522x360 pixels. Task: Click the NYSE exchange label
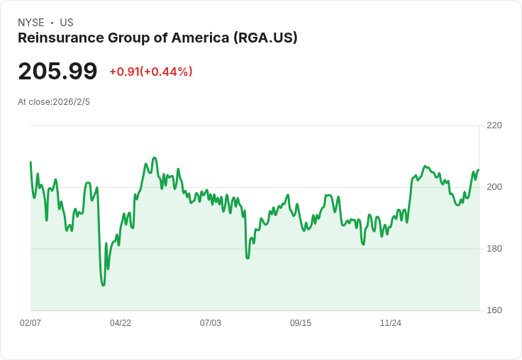click(x=30, y=23)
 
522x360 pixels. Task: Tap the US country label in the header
click(x=67, y=23)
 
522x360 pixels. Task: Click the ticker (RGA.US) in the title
click(x=265, y=38)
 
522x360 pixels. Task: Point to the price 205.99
click(x=57, y=72)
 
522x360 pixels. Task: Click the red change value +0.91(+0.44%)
click(x=151, y=72)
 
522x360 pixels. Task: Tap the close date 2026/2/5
click(x=71, y=102)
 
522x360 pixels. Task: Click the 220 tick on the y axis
click(x=494, y=125)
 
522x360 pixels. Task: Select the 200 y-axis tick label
click(x=494, y=187)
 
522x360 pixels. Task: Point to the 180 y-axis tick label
click(x=494, y=249)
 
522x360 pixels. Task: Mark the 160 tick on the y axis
click(x=494, y=310)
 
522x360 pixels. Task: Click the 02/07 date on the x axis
click(x=30, y=323)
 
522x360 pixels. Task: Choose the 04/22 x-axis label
click(x=121, y=323)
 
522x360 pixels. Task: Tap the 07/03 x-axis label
click(x=211, y=323)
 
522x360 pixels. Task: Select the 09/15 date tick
click(x=301, y=323)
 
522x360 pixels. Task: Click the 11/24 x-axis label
click(x=391, y=323)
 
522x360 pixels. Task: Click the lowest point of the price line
click(x=103, y=285)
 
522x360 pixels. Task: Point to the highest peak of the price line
click(x=155, y=157)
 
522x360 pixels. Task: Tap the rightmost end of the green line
click(x=479, y=170)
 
